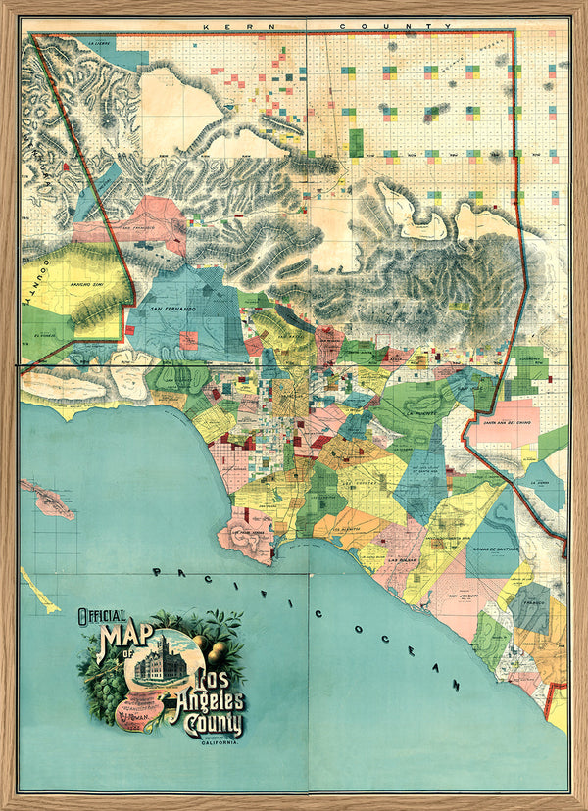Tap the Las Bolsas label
pyautogui.click(x=403, y=560)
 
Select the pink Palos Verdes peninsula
pyautogui.click(x=245, y=535)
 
